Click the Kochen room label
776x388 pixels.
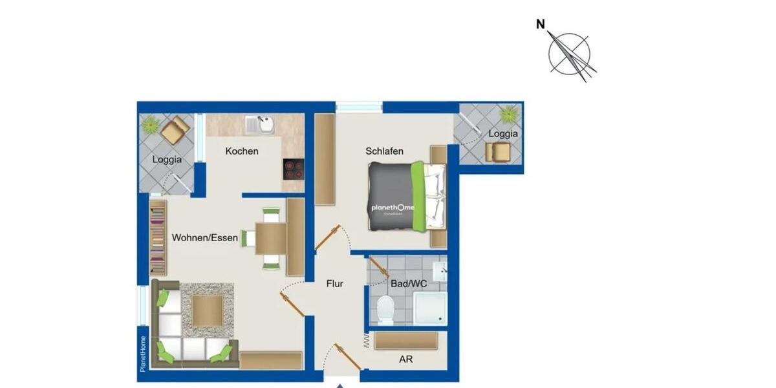tap(242, 151)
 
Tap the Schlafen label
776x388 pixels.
tap(384, 151)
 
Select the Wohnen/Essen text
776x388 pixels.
tap(204, 238)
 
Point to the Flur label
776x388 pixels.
tap(334, 283)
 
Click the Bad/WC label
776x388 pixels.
tap(409, 283)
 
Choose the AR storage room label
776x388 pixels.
tap(406, 359)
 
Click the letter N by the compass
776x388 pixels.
tap(541, 25)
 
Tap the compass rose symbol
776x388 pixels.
tap(570, 54)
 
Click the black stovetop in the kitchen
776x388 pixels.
tap(294, 169)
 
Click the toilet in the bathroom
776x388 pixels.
tap(385, 310)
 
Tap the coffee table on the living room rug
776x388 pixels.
tap(207, 311)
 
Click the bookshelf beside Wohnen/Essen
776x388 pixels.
tap(158, 238)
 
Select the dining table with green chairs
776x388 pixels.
tap(271, 238)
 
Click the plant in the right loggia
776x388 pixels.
tap(508, 114)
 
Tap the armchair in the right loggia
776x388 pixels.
tap(498, 151)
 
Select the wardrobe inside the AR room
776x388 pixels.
tap(406, 340)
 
